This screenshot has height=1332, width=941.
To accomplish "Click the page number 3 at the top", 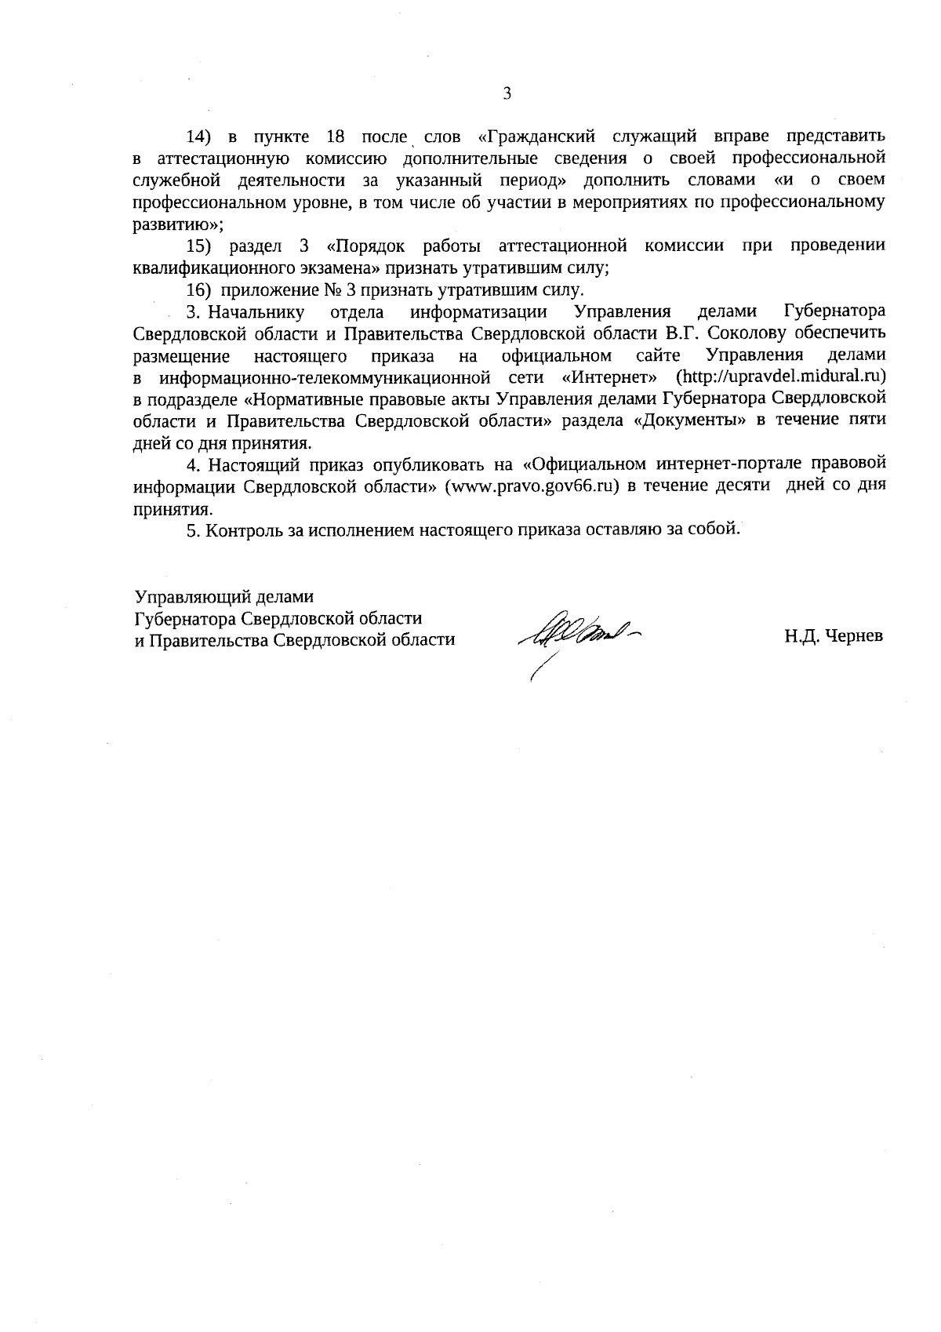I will tap(506, 94).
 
